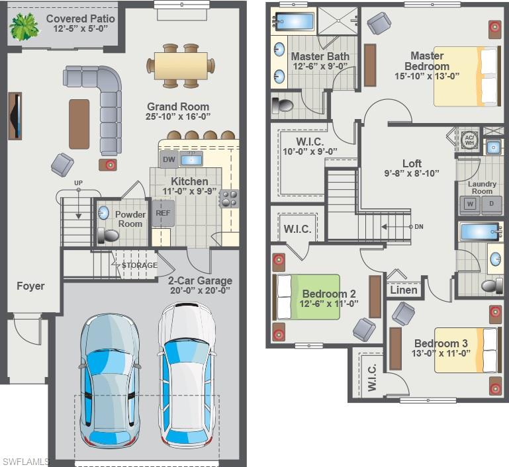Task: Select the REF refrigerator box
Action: pyautogui.click(x=163, y=214)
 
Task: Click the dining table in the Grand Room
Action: pyautogui.click(x=181, y=65)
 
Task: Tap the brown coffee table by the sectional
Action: pyautogui.click(x=79, y=124)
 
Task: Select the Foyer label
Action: pyautogui.click(x=30, y=286)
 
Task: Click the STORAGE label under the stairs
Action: pyautogui.click(x=140, y=265)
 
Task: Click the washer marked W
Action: pyautogui.click(x=471, y=204)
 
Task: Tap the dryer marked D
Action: pyautogui.click(x=491, y=204)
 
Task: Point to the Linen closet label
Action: pyautogui.click(x=404, y=290)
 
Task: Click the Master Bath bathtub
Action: pyautogui.click(x=293, y=22)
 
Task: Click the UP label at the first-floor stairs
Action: pyautogui.click(x=78, y=183)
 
